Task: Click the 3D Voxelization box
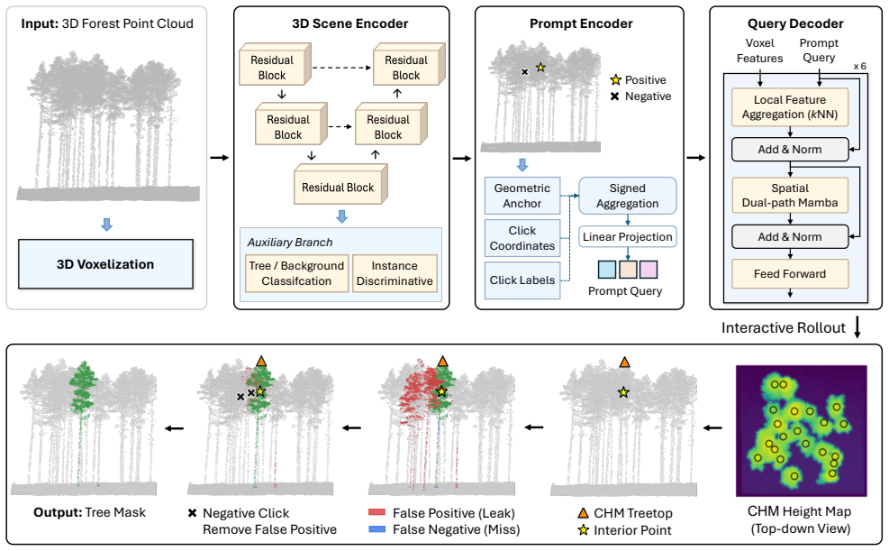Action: click(105, 264)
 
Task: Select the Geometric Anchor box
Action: click(522, 196)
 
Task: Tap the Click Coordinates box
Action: click(522, 238)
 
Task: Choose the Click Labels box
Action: click(522, 280)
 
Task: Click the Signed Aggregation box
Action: click(627, 196)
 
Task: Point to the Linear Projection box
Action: click(627, 236)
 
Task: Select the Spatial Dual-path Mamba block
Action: click(790, 195)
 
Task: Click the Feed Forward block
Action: click(790, 274)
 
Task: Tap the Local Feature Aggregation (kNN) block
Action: click(790, 106)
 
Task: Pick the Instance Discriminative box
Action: click(395, 273)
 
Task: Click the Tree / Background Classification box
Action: click(296, 273)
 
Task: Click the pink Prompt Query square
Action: click(648, 270)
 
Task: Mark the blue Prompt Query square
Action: click(607, 270)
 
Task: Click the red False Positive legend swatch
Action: click(377, 513)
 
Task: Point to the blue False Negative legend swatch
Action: click(377, 529)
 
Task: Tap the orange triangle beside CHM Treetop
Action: click(583, 513)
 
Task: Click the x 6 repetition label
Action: click(859, 67)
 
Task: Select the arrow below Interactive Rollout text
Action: click(857, 327)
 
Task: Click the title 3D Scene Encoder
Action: click(349, 23)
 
